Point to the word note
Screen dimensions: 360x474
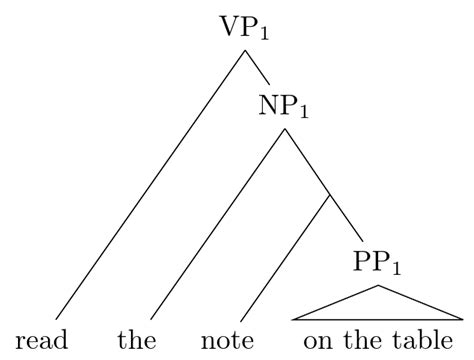(230, 340)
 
